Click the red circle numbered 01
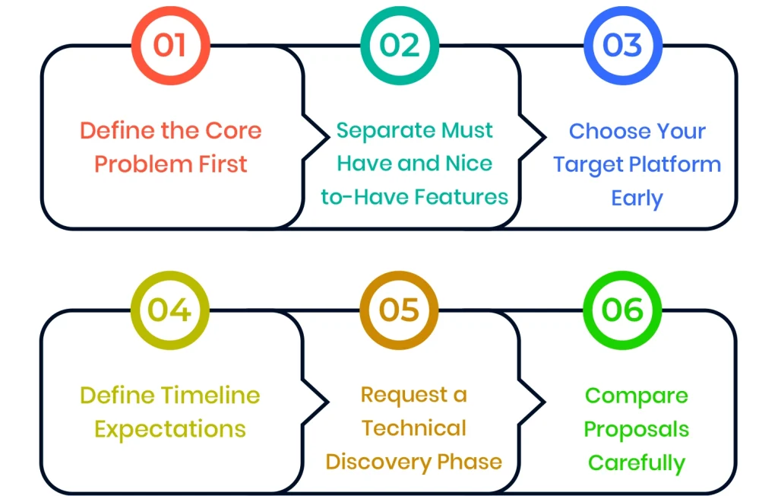pos(169,45)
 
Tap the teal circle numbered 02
pos(400,45)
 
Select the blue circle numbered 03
pos(622,45)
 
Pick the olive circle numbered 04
pos(169,310)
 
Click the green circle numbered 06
pos(622,310)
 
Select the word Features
pos(463,197)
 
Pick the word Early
pos(637,198)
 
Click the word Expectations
pos(170,429)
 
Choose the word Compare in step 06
pos(637,396)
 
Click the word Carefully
pos(637,463)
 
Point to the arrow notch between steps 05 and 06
pos(537,401)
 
